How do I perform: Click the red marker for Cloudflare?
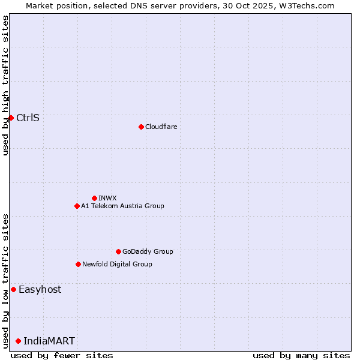tap(141, 127)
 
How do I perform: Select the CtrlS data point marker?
tap(11, 118)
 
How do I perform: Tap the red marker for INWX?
tap(94, 198)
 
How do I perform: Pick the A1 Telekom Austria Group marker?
tap(77, 206)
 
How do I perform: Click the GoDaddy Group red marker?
tap(118, 251)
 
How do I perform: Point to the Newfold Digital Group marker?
tap(78, 264)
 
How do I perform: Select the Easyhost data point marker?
tap(13, 289)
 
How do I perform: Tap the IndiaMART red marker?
tap(18, 341)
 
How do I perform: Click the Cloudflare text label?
tap(161, 127)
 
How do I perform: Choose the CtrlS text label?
tap(28, 118)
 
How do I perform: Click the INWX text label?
tap(108, 198)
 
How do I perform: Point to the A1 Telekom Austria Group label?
tap(122, 206)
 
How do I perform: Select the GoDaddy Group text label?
tap(148, 251)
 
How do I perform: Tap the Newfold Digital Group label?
tap(117, 264)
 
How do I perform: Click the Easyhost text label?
tap(40, 289)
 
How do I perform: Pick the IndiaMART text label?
tap(49, 341)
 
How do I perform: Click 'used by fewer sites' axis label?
tap(62, 355)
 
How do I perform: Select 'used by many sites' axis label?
tap(301, 355)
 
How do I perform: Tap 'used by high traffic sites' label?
tap(5, 86)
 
